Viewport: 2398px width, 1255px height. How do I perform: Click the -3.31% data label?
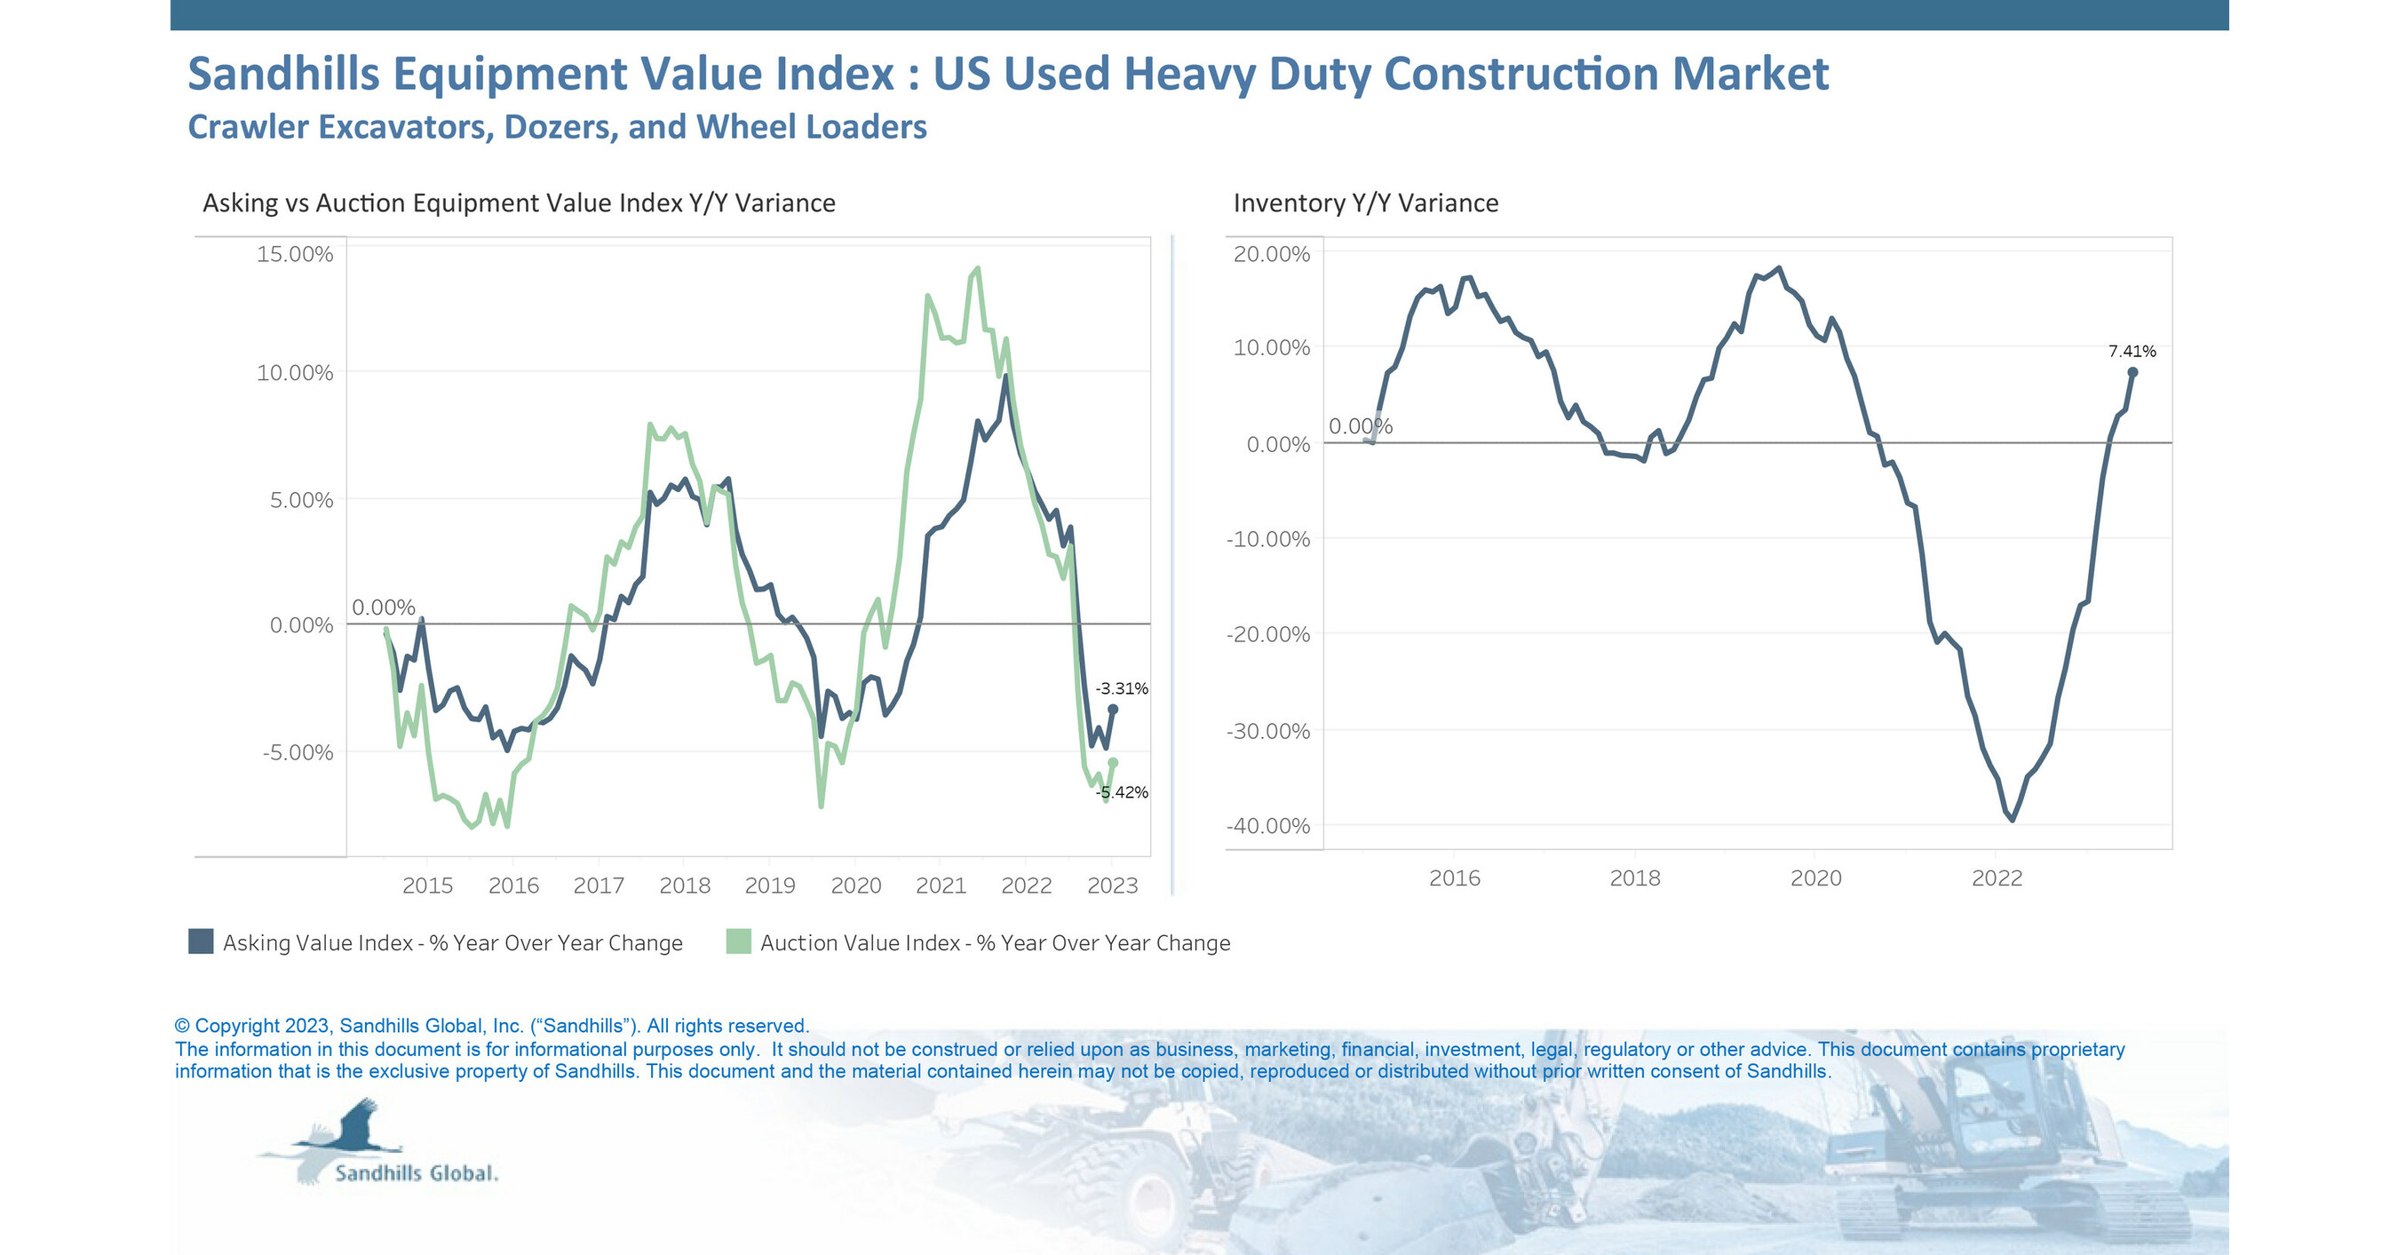1122,689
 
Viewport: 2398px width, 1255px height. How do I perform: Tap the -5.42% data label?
1123,792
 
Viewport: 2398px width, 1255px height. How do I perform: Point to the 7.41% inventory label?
2132,351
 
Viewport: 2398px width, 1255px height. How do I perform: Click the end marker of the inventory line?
2132,372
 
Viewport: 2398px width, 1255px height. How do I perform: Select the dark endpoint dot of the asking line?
1113,710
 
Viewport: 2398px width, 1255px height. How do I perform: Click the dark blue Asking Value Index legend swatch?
201,941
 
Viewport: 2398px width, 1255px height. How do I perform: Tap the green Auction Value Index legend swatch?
738,941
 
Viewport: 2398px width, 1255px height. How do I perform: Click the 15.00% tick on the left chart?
294,254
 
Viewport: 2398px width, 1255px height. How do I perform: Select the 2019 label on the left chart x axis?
770,886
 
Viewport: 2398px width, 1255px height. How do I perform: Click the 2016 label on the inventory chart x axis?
1454,878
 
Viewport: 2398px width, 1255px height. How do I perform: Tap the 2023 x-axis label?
1113,886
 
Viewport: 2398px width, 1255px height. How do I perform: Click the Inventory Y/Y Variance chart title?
1366,203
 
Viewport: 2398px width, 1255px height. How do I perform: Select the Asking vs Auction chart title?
519,203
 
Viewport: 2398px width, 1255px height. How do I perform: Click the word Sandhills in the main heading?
283,74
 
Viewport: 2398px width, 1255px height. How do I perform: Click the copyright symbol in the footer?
182,1026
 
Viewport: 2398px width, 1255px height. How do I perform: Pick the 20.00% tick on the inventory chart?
1272,254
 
